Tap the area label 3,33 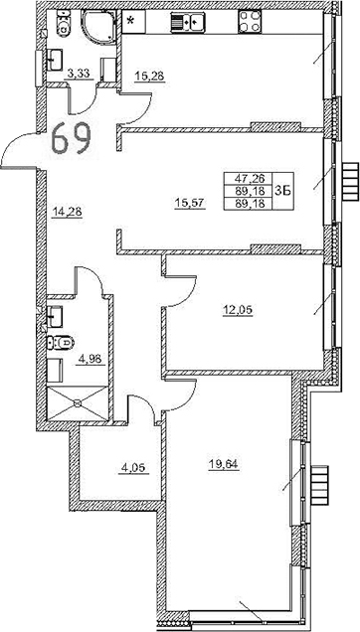point(78,72)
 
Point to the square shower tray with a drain point(75,403)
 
